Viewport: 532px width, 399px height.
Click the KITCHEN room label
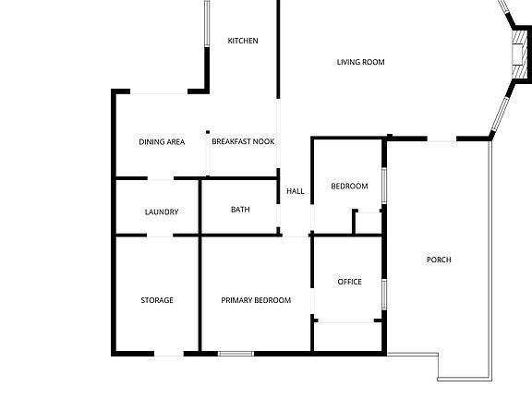(243, 41)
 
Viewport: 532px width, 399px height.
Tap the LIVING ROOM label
(360, 62)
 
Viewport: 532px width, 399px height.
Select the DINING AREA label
(163, 141)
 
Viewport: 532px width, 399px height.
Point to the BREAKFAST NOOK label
(243, 141)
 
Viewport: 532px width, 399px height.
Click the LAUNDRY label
(162, 212)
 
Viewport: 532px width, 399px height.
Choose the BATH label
(240, 210)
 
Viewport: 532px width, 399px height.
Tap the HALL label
(296, 191)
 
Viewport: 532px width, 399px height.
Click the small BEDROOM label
(349, 186)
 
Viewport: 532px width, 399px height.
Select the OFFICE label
(349, 282)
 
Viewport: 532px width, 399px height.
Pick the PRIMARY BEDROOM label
(256, 300)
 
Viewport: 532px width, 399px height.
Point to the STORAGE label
(157, 300)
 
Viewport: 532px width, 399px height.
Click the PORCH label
(439, 260)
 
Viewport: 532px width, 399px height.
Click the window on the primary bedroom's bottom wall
(236, 353)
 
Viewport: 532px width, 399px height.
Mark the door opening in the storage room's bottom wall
(168, 353)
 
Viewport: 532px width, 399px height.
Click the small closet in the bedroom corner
(369, 223)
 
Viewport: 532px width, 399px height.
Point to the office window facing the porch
(384, 288)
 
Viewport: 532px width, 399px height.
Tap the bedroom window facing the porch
(384, 183)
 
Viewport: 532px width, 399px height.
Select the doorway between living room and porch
(441, 139)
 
